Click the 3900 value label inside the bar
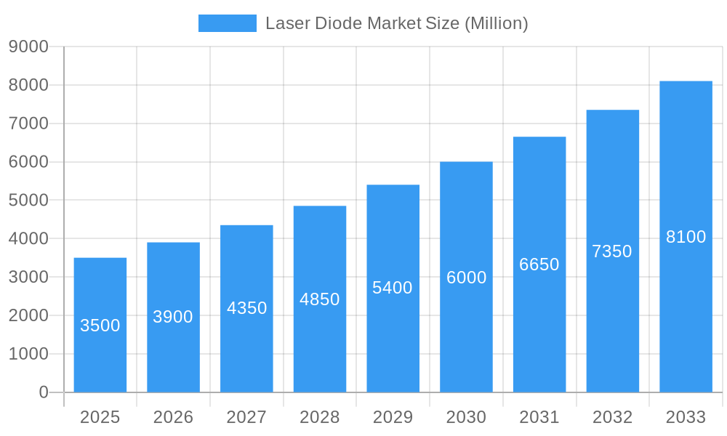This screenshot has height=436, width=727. click(173, 317)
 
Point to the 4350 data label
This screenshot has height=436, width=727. click(247, 308)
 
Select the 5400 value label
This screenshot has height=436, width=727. click(393, 288)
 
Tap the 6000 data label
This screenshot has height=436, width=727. click(467, 278)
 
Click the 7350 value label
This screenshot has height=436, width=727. click(612, 251)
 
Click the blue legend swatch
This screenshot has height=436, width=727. click(228, 23)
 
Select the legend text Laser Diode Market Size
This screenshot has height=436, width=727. click(396, 23)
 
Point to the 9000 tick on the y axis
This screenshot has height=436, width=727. click(28, 47)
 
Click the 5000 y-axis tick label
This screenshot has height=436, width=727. click(28, 201)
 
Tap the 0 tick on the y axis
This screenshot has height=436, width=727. click(44, 392)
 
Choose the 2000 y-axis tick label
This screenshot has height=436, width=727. click(28, 315)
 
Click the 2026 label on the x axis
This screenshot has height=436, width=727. click(174, 417)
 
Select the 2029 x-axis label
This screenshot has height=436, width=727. click(393, 417)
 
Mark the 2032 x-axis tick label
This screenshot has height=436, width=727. click(612, 417)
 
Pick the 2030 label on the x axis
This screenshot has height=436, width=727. click(466, 417)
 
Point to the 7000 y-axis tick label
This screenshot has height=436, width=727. click(28, 124)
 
